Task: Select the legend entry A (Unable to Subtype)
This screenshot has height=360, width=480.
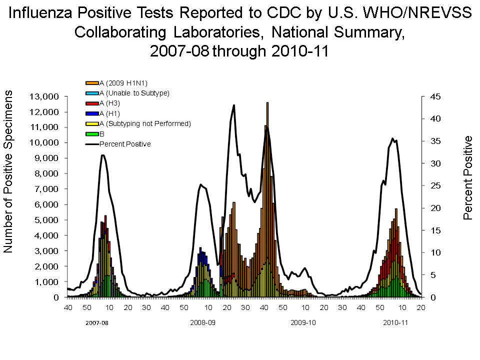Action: coord(134,93)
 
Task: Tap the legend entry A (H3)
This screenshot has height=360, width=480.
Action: coord(109,103)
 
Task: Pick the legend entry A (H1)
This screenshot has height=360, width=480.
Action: coord(109,113)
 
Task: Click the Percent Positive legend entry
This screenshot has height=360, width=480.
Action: coord(125,144)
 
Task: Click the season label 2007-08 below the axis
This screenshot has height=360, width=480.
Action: coord(96,322)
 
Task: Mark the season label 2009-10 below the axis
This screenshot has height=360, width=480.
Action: coord(303,322)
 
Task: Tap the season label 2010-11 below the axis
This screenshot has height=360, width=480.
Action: coord(395,322)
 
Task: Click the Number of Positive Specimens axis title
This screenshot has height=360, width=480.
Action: coord(9,172)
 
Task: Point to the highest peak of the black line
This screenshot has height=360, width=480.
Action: coord(233,105)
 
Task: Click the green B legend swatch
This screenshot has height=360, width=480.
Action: coord(92,134)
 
